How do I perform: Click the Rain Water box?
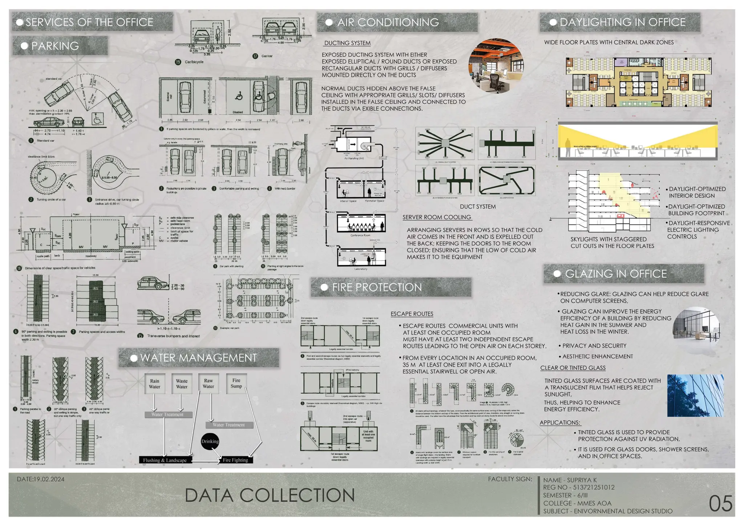pyautogui.click(x=155, y=384)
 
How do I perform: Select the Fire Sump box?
pyautogui.click(x=236, y=383)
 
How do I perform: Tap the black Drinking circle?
pyautogui.click(x=210, y=441)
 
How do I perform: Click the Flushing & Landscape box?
pyautogui.click(x=165, y=460)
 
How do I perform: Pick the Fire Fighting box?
pyautogui.click(x=235, y=460)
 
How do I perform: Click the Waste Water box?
pyautogui.click(x=182, y=384)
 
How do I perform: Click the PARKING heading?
pyautogui.click(x=55, y=46)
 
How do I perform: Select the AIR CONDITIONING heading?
pyautogui.click(x=388, y=23)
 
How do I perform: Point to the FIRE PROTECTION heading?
pyautogui.click(x=377, y=287)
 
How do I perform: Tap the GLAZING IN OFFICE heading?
pyautogui.click(x=616, y=274)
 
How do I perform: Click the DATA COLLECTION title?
pyautogui.click(x=270, y=495)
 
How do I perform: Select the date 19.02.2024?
pyautogui.click(x=41, y=479)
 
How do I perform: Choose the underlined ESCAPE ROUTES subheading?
pyautogui.click(x=412, y=314)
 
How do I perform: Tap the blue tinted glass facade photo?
pyautogui.click(x=695, y=396)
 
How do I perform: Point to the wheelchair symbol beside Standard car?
pyautogui.click(x=97, y=119)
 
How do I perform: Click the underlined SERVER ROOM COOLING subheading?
pyautogui.click(x=437, y=217)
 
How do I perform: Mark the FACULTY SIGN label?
pyautogui.click(x=510, y=479)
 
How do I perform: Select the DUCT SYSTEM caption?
pyautogui.click(x=478, y=207)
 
